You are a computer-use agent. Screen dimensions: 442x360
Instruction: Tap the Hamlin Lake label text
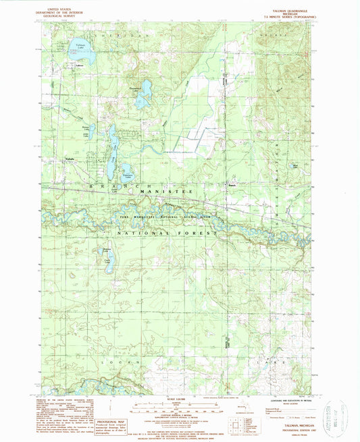pyautogui.click(x=143, y=88)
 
